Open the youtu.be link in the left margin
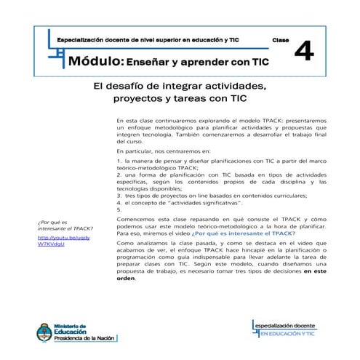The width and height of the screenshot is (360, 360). [55, 241]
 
